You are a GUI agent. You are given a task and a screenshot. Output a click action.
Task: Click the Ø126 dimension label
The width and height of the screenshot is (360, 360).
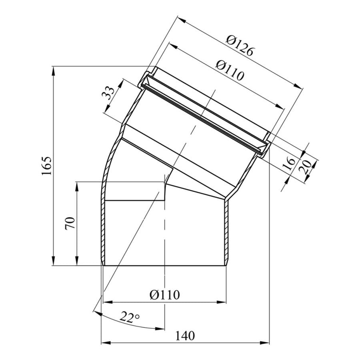(x=240, y=46)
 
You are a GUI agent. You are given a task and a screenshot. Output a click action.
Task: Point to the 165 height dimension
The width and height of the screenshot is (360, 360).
(x=46, y=166)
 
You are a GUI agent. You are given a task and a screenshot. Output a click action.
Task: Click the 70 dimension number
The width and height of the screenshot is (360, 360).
(x=70, y=223)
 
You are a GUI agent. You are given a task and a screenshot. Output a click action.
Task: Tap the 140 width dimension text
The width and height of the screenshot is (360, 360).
(x=185, y=336)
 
